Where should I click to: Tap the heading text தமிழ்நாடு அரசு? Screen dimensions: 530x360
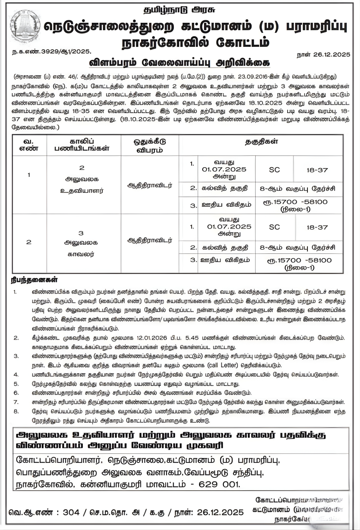pos(180,9)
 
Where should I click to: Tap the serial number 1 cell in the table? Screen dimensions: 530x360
pos(29,175)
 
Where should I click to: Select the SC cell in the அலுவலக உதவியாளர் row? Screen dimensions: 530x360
pos(274,170)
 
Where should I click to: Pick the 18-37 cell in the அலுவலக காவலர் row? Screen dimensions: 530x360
pos(317,227)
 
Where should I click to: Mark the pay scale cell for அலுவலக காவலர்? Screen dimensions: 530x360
pos(300,263)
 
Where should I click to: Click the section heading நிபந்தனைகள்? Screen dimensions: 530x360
pos(34,280)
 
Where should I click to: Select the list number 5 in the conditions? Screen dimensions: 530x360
pos(16,384)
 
